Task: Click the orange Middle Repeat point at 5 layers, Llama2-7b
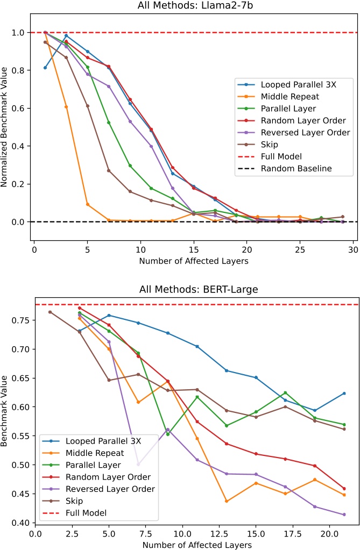click(x=88, y=204)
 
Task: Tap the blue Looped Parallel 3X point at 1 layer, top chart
click(x=45, y=68)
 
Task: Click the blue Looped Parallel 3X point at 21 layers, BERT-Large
click(x=344, y=394)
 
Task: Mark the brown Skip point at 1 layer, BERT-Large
click(x=50, y=312)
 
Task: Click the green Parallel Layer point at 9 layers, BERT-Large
click(x=168, y=434)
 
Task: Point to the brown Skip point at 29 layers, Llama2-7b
click(x=342, y=217)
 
